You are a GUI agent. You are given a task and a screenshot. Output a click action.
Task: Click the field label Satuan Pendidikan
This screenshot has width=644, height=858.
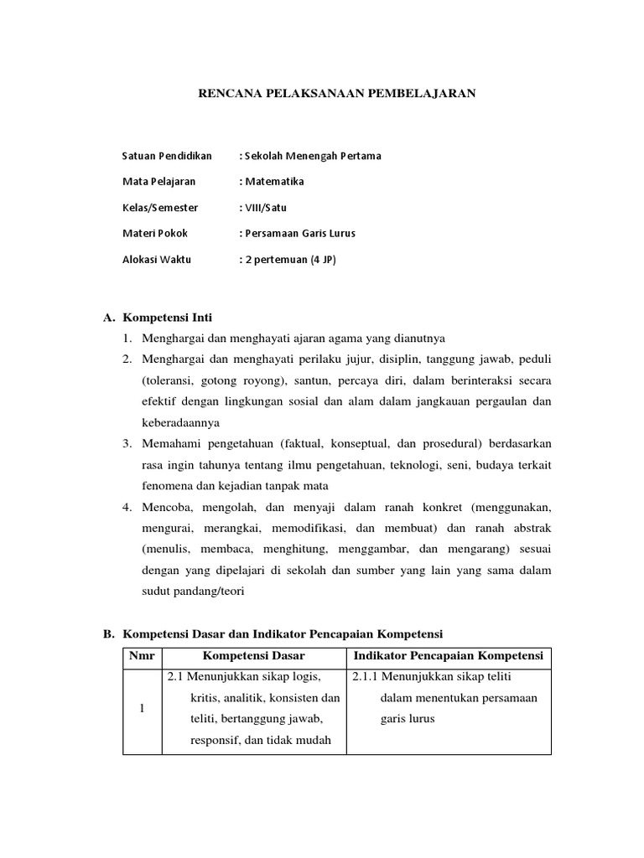167,156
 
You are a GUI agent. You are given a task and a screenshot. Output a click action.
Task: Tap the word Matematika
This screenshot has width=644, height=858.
274,181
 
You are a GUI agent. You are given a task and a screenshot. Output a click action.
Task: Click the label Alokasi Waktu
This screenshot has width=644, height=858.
157,259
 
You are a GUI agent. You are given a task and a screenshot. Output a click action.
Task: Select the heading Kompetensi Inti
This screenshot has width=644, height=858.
168,318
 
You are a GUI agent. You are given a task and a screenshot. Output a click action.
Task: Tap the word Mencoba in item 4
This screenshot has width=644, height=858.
168,507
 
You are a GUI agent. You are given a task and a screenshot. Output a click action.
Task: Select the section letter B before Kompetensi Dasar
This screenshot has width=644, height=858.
108,633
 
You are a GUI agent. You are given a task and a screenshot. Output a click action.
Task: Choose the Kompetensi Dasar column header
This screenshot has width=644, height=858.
254,655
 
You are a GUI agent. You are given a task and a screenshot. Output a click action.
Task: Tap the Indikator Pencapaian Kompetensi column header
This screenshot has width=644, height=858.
449,655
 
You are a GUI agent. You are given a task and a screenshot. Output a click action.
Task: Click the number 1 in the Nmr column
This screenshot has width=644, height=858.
142,709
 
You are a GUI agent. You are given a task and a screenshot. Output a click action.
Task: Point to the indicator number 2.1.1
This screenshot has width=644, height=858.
365,677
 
